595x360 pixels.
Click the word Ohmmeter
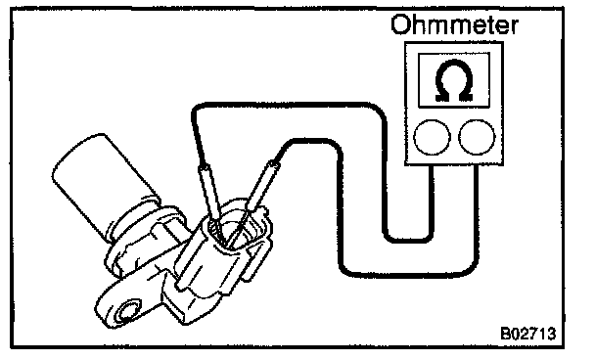[454, 24]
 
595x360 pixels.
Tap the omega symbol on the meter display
[454, 80]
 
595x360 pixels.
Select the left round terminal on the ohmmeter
[432, 137]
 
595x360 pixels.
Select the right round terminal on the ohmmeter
[477, 137]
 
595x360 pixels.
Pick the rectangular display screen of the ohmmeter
[454, 80]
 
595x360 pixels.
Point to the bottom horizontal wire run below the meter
[408, 273]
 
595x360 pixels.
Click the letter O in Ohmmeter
[400, 25]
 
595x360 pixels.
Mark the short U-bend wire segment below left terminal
[408, 239]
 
